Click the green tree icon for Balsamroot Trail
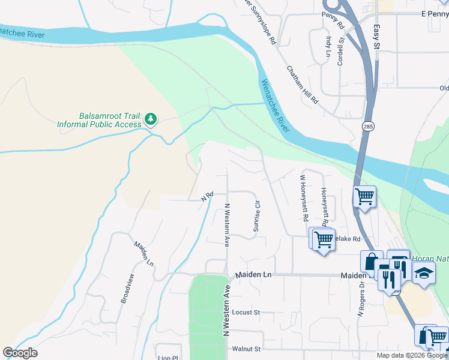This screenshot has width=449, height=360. point(151,120)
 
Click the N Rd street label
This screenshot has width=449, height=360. point(208,196)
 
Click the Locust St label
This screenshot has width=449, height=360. point(245,313)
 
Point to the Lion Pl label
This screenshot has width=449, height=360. point(167,357)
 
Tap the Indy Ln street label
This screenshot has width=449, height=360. point(328,46)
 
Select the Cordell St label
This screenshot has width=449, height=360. point(340,52)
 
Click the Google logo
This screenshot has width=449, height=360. point(20,353)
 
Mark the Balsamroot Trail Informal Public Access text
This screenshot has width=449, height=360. point(99,120)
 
